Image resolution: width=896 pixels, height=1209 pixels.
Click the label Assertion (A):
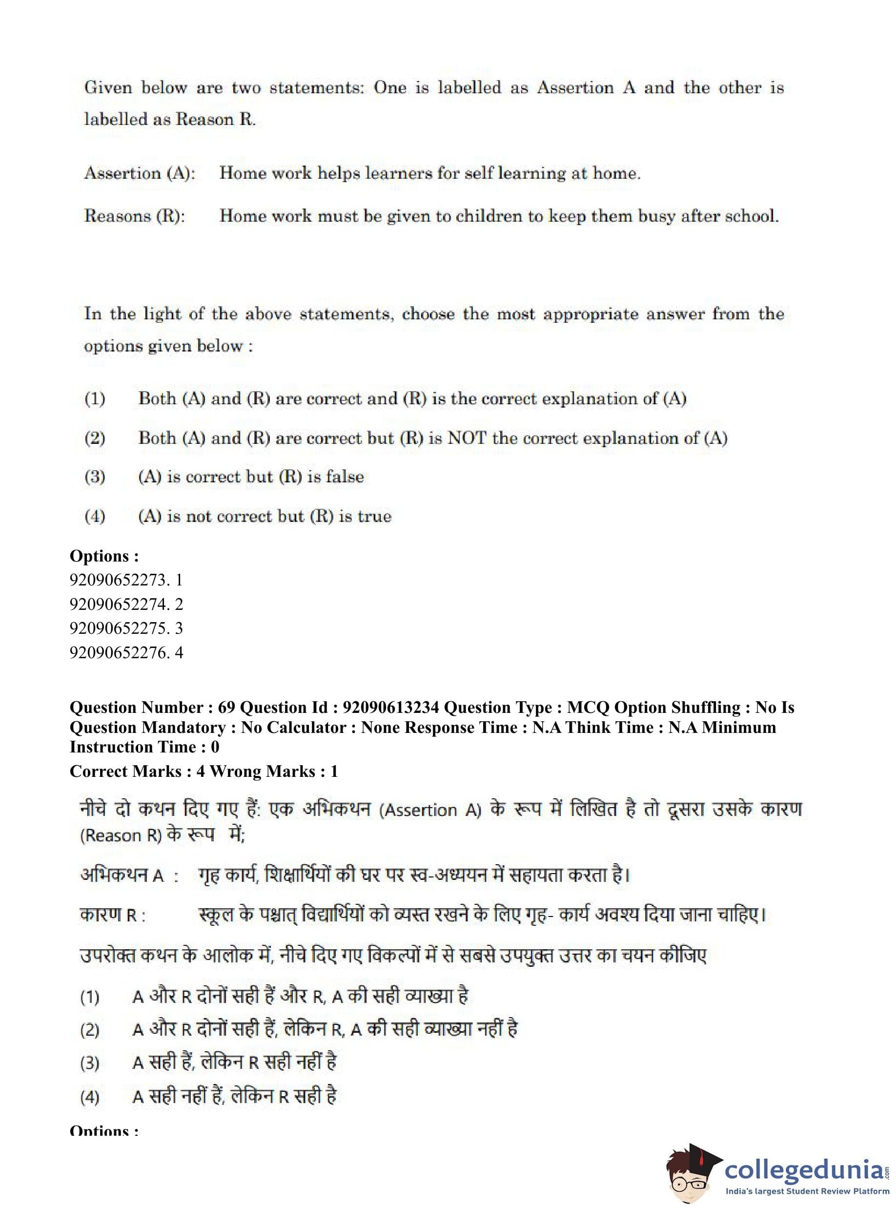[140, 174]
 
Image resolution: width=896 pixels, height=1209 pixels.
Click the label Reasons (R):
[135, 216]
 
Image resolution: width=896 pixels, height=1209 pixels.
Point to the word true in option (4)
[374, 516]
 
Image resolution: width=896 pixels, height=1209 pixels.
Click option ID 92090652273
[118, 580]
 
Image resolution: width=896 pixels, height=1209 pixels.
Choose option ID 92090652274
[118, 604]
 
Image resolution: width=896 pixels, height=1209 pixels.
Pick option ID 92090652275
[118, 628]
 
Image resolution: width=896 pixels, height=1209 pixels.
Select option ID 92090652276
[118, 652]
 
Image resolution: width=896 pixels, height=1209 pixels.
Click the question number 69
[226, 708]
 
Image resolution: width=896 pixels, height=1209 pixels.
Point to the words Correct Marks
[125, 771]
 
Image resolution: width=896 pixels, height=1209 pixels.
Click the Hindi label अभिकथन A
[122, 875]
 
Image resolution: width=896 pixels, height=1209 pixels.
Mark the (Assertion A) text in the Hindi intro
[430, 810]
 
